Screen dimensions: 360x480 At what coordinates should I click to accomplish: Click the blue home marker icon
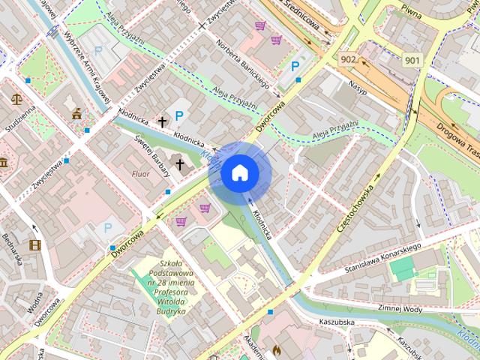[239, 172]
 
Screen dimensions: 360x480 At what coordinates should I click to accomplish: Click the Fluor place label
[141, 174]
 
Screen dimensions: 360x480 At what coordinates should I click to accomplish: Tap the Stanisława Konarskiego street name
[382, 256]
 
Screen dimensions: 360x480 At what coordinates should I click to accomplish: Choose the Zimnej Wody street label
[401, 307]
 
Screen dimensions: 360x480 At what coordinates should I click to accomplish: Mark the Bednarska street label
[14, 252]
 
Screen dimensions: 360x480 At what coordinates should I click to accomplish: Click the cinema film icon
[34, 244]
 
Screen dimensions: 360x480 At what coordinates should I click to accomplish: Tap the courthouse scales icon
[16, 97]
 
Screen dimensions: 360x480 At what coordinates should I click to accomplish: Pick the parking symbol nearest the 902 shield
[296, 67]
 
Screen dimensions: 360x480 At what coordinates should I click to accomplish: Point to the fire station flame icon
[277, 349]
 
